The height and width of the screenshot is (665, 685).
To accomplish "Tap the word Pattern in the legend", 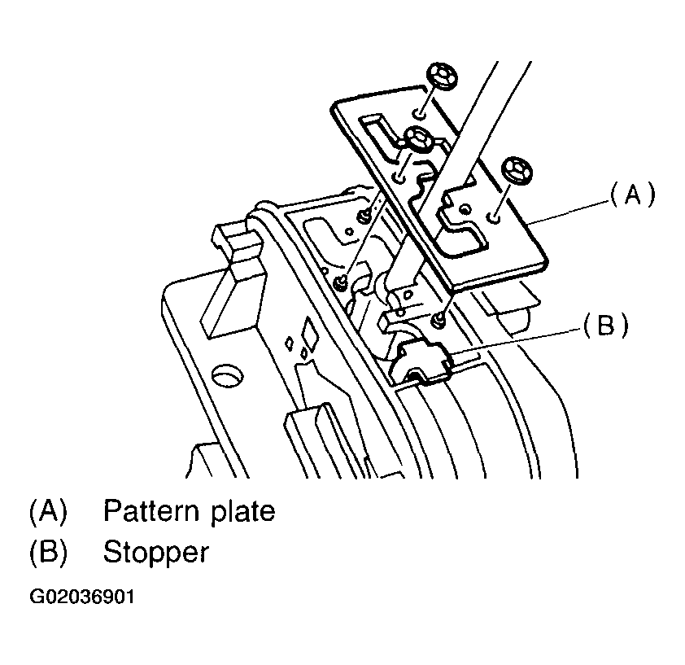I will [151, 512].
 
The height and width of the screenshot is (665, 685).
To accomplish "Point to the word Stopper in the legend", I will [155, 553].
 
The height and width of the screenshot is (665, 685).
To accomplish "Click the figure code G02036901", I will [82, 597].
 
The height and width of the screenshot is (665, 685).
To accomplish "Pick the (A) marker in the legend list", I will [47, 512].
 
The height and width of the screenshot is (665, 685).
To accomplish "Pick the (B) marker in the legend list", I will [47, 553].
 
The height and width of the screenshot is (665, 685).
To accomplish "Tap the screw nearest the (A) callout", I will [516, 170].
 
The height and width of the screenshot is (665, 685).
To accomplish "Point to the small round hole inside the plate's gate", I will [463, 210].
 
